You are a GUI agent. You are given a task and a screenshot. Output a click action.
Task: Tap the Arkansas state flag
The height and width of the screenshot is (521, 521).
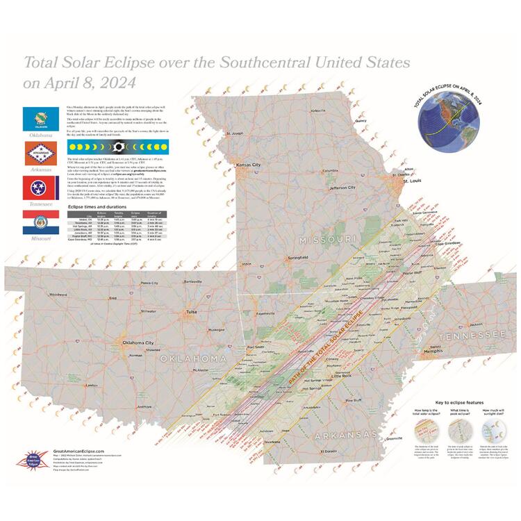pos(35,154)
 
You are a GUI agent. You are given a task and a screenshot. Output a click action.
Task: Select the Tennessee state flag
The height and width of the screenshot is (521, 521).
pos(35,189)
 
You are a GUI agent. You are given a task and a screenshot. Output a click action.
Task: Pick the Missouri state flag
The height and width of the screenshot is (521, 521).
pos(35,224)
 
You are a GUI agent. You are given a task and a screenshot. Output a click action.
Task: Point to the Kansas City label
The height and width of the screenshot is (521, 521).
pos(248,165)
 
